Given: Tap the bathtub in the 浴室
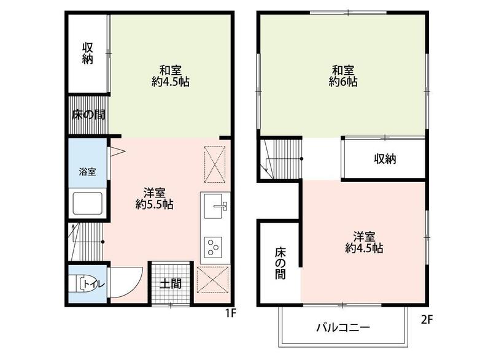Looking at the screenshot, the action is (88, 203).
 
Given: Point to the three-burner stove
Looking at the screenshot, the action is (213, 246).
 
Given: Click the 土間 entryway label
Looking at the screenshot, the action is (171, 284).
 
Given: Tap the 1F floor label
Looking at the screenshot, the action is (231, 313).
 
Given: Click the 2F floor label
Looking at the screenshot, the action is (427, 320).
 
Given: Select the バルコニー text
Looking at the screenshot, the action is (343, 327).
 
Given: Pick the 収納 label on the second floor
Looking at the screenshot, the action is (385, 159).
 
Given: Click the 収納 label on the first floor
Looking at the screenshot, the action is (88, 53).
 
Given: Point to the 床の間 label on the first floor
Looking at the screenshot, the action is (88, 115).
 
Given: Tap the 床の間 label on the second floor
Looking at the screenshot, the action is (280, 263).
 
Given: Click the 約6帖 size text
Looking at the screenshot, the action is (343, 82).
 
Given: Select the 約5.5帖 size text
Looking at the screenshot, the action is (155, 205).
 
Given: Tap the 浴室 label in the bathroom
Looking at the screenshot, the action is (87, 171).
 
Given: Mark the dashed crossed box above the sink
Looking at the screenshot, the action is (215, 164).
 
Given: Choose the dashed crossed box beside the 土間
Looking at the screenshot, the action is (212, 280).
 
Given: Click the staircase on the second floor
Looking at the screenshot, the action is (281, 159).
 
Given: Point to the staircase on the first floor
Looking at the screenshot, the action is (86, 242).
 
